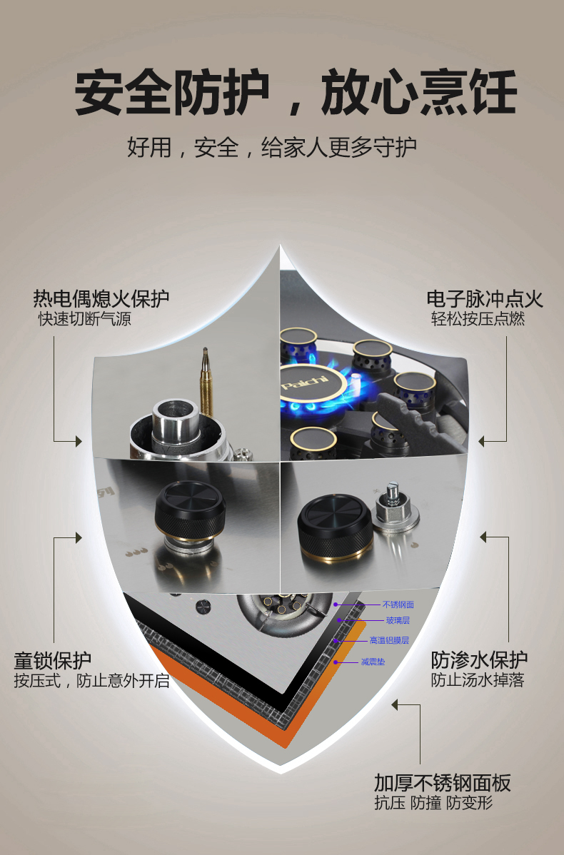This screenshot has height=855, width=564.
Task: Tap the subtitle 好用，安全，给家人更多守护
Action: (271, 147)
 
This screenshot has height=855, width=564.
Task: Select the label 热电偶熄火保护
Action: (101, 298)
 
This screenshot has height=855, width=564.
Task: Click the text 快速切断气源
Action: (84, 318)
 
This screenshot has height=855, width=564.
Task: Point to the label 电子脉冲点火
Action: (485, 299)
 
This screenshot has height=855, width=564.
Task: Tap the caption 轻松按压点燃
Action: (478, 318)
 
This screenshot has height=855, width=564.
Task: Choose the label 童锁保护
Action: (52, 660)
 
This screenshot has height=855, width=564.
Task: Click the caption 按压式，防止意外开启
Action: (91, 681)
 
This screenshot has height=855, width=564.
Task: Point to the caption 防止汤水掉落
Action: (478, 680)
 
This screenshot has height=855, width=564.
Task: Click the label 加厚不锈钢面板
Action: (443, 783)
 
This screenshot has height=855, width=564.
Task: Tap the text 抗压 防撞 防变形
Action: (433, 803)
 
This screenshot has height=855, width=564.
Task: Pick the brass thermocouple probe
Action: (206, 383)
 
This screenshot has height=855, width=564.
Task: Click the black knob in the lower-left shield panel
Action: (190, 512)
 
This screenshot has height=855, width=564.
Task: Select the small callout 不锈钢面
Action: (398, 604)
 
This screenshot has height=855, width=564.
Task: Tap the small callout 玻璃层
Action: (398, 620)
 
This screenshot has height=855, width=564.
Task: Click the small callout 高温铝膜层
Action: (389, 640)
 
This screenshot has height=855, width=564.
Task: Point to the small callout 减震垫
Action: (373, 662)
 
